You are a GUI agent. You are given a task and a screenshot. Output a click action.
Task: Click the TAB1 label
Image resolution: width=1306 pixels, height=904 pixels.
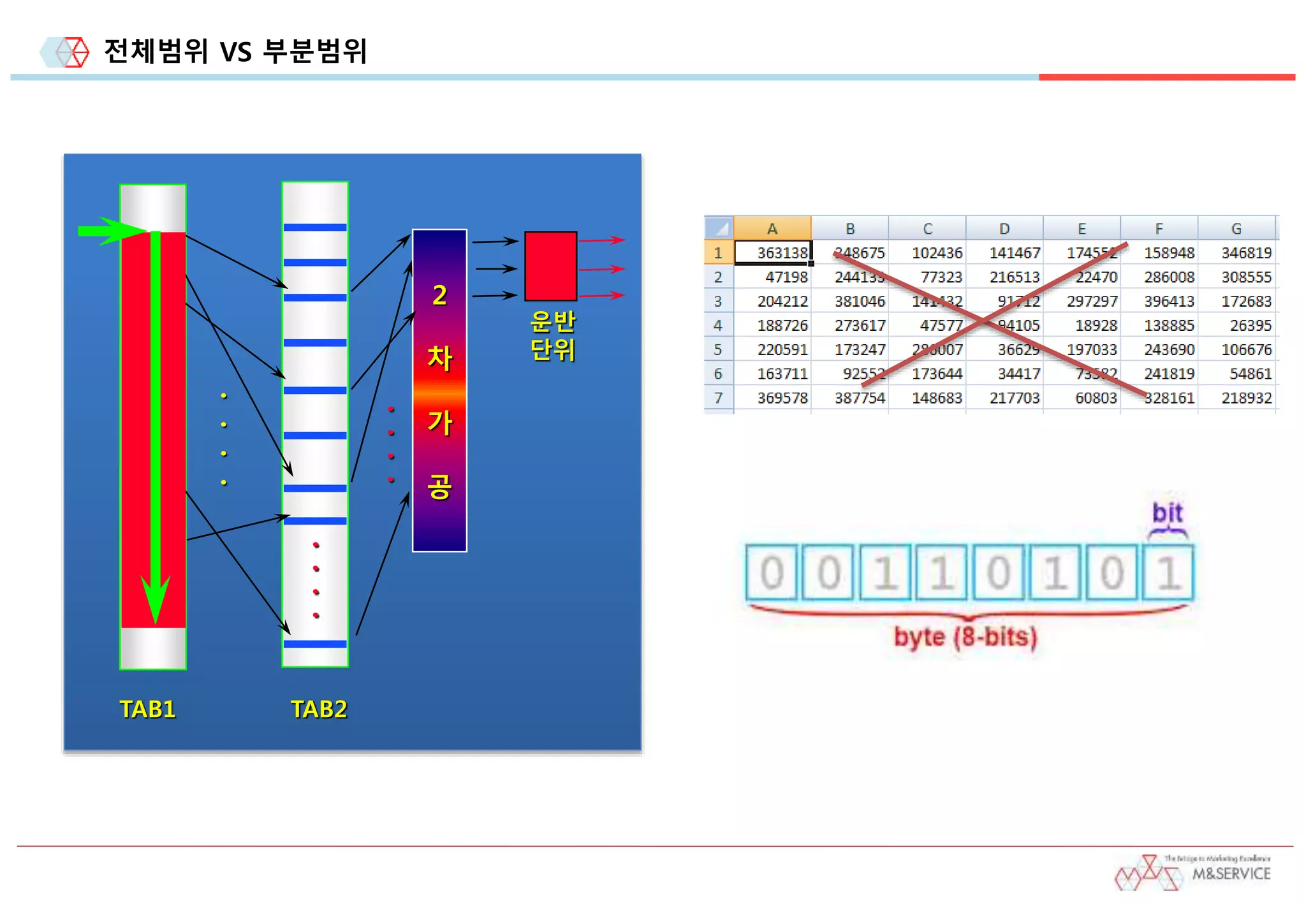[147, 709]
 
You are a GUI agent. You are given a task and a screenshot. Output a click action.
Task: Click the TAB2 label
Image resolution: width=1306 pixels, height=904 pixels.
[319, 709]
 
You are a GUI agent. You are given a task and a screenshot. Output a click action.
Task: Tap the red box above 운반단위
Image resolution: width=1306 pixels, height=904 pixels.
[550, 266]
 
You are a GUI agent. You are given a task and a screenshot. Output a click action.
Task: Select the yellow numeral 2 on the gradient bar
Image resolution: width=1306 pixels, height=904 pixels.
[439, 295]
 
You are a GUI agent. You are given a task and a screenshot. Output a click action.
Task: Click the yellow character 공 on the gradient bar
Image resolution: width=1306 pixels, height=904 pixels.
[439, 486]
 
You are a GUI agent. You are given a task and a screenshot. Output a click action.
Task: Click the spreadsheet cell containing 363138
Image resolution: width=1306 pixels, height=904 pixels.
[773, 252]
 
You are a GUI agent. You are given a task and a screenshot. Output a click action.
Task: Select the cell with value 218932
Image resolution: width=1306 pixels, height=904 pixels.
[1237, 398]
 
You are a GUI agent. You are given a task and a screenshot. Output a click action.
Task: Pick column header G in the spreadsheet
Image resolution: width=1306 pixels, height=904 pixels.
[1236, 228]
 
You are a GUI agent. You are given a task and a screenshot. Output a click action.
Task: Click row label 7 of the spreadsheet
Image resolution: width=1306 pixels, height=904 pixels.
[719, 398]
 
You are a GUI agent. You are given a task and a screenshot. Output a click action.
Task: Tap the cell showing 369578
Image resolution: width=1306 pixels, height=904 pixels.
[773, 398]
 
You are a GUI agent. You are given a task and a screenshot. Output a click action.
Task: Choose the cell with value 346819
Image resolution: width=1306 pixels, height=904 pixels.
[1237, 252]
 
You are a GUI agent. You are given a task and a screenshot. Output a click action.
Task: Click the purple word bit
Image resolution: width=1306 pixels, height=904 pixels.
[1167, 513]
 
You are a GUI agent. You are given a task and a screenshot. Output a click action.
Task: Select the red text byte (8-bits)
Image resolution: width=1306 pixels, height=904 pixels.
[965, 636]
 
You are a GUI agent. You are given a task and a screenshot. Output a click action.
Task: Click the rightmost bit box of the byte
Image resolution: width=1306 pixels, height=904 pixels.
[1168, 572]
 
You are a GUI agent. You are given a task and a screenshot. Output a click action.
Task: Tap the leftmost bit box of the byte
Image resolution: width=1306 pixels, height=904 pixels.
[772, 572]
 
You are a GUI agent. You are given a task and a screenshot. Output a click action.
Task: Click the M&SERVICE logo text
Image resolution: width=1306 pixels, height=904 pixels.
[1231, 873]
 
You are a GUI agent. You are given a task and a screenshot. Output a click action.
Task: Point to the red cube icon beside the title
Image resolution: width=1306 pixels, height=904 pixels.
[73, 52]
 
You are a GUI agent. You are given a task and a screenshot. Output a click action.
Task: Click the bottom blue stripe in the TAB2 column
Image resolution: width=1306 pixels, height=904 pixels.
[315, 644]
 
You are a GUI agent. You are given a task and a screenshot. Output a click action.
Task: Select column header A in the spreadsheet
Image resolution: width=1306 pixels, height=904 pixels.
[772, 228]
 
